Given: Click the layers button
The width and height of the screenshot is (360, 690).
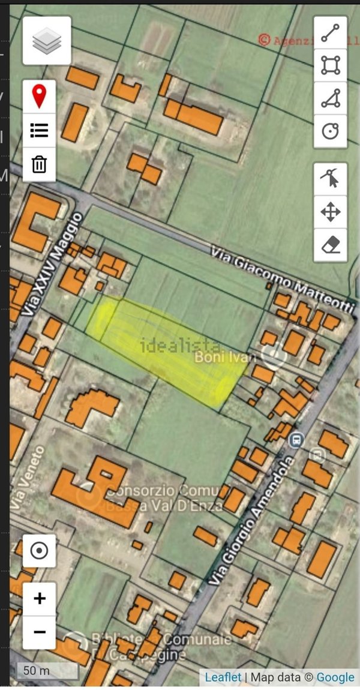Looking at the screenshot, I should click(47, 41).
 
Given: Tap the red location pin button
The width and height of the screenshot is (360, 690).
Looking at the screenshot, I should click(40, 97).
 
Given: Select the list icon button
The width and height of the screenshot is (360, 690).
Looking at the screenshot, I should click(40, 130).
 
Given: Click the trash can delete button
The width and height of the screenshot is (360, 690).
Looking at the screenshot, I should click(40, 164).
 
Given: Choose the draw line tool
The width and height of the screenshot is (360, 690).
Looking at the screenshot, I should click(331, 33).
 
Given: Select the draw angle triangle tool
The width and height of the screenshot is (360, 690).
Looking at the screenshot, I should click(331, 98).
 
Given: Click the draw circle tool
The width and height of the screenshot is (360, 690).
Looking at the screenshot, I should click(331, 131).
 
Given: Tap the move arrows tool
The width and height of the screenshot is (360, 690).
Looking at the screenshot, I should click(331, 212).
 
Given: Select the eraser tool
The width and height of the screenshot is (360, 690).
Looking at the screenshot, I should click(331, 245).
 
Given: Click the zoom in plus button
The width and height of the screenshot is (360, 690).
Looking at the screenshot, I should click(40, 598).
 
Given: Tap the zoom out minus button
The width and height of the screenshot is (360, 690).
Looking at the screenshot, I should click(40, 632).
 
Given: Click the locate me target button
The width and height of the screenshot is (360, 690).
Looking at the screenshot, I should click(40, 551).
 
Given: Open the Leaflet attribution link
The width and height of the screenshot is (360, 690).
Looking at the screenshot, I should click(223, 677).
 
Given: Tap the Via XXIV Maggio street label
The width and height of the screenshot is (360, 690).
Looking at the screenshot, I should click(53, 264).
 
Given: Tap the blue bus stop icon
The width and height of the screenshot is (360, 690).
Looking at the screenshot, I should click(295, 441).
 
